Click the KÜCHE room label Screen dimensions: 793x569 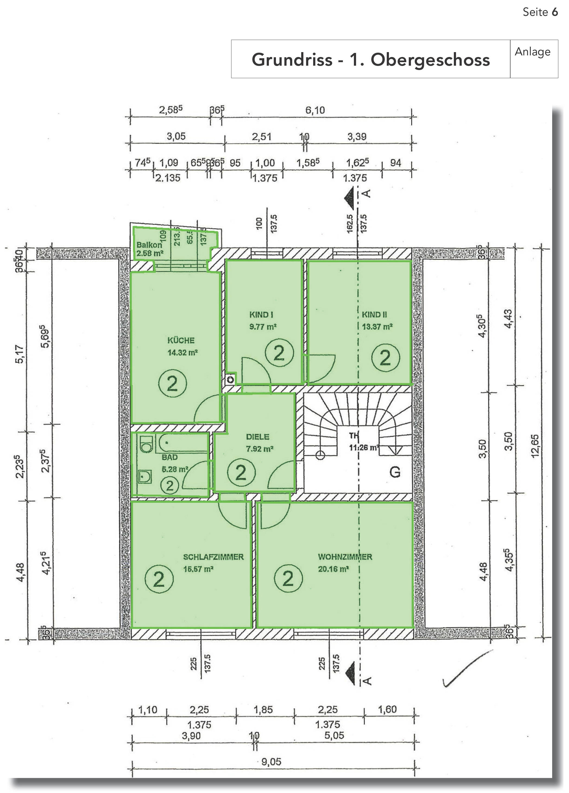tap(181, 340)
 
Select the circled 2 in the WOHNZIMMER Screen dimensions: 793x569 tap(288, 578)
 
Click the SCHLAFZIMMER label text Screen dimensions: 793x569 tap(213, 557)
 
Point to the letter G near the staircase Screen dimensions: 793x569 tap(395, 472)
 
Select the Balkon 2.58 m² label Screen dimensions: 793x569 tap(149, 249)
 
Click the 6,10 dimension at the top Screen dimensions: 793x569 tap(315, 110)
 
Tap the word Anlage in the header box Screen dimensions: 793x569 tap(532, 52)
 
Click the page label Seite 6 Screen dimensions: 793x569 tap(540, 12)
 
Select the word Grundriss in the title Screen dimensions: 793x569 tap(292, 59)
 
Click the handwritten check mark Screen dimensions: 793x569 tap(466, 668)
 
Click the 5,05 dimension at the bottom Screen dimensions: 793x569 tap(334, 735)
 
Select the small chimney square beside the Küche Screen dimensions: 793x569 tap(230, 380)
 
